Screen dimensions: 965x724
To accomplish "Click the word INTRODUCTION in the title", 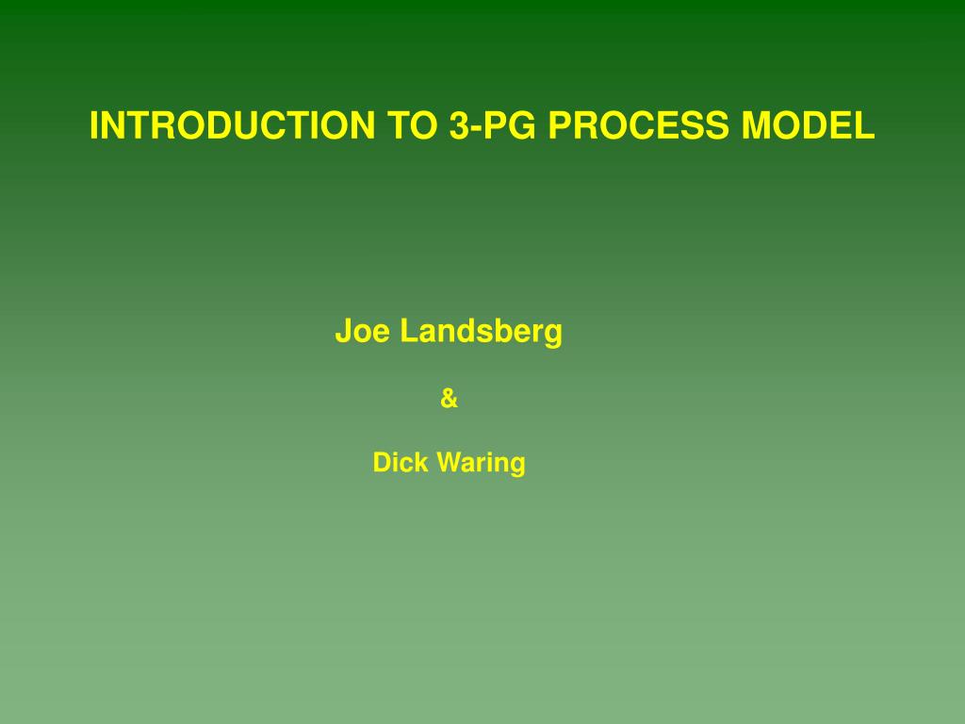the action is click(x=233, y=125).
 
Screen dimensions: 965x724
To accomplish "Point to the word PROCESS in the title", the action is click(x=638, y=125).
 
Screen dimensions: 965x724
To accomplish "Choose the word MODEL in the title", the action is click(x=808, y=125).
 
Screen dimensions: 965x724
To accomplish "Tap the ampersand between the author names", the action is click(x=450, y=399).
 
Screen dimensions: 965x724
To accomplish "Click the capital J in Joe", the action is click(x=343, y=331).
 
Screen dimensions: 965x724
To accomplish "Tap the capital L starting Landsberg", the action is click(x=409, y=331).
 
